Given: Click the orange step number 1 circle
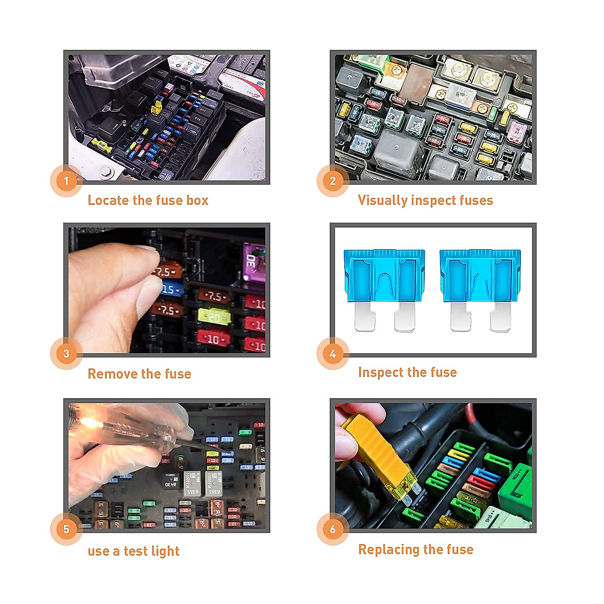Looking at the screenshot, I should [66, 181].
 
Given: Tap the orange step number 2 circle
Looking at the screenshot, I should [333, 181].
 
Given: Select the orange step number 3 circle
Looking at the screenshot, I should [66, 354].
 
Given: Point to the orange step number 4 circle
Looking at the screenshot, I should [333, 354].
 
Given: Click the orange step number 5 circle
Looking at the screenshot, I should [66, 529].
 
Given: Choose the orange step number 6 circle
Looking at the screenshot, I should [333, 529].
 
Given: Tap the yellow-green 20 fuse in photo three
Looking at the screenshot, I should [214, 317].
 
